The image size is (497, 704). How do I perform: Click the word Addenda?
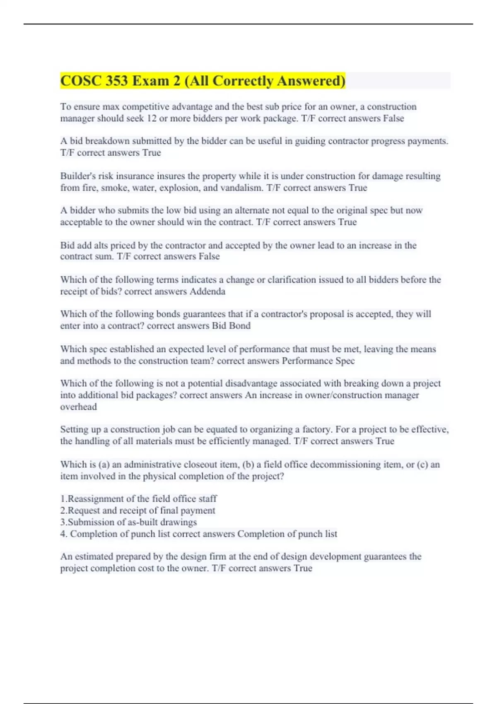(x=207, y=292)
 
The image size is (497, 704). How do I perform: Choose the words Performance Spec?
(x=318, y=361)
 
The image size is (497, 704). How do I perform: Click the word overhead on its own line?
(x=78, y=407)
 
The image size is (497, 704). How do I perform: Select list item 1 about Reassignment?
(x=138, y=499)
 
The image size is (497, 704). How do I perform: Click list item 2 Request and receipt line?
(x=138, y=511)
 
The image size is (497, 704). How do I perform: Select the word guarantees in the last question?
(x=385, y=557)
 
